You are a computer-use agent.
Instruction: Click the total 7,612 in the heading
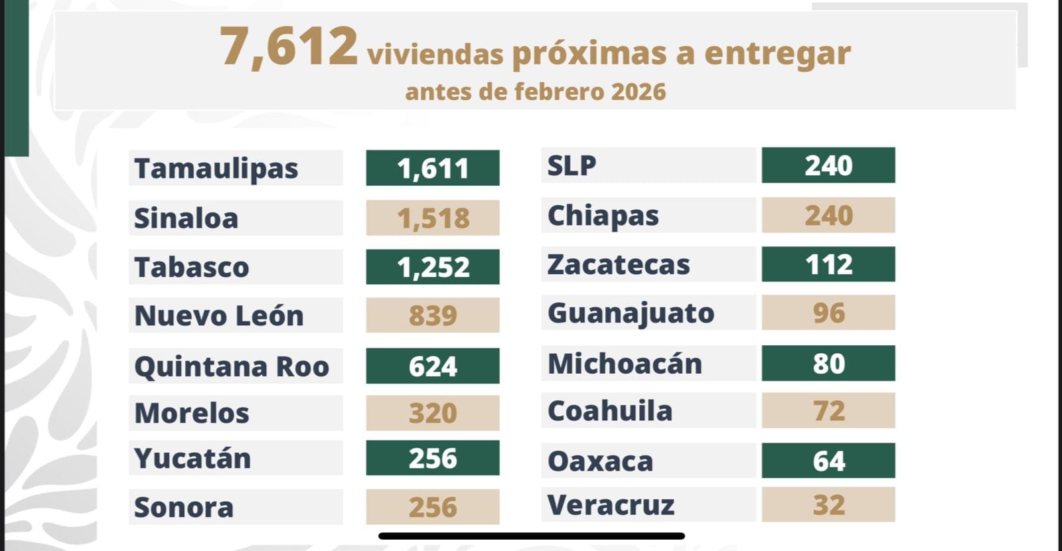pos(288,48)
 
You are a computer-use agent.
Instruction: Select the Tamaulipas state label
pos(216,169)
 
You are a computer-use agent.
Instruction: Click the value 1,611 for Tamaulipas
pos(433,169)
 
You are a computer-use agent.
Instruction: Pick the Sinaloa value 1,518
pos(433,218)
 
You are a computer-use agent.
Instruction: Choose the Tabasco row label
pos(192,268)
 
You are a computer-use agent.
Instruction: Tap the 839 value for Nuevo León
pos(433,315)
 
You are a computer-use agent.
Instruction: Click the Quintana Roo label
pos(232,366)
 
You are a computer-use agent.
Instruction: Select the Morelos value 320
pos(433,413)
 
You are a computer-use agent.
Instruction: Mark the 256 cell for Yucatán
pos(433,458)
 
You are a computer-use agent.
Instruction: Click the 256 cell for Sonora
pos(433,507)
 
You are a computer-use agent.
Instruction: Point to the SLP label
pos(571,165)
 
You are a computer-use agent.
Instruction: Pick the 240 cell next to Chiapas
pos(828,215)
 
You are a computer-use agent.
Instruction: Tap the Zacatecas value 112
pos(828,264)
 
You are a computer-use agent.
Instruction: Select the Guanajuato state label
pos(631,313)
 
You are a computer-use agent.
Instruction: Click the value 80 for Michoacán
pos(828,363)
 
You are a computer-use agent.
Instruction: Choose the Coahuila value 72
pos(828,411)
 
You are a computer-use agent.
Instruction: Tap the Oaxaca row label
pos(600,461)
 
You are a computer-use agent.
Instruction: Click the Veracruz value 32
pos(828,505)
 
